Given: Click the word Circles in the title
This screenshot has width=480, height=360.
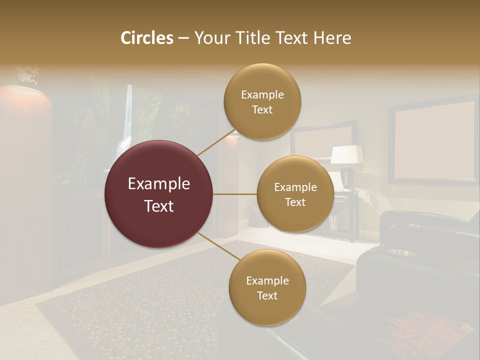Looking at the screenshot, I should [146, 38].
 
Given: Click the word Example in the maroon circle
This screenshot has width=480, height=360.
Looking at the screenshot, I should [158, 184].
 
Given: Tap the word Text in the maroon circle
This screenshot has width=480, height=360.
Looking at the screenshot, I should [158, 206].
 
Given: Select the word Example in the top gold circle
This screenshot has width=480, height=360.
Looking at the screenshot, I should [262, 95].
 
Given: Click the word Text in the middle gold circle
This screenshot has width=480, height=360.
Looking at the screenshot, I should [295, 202].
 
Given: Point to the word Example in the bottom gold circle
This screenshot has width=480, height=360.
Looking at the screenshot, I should [267, 281].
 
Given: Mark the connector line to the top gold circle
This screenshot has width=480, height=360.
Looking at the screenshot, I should [216, 142].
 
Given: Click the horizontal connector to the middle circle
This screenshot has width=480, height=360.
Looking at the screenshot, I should [234, 194].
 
